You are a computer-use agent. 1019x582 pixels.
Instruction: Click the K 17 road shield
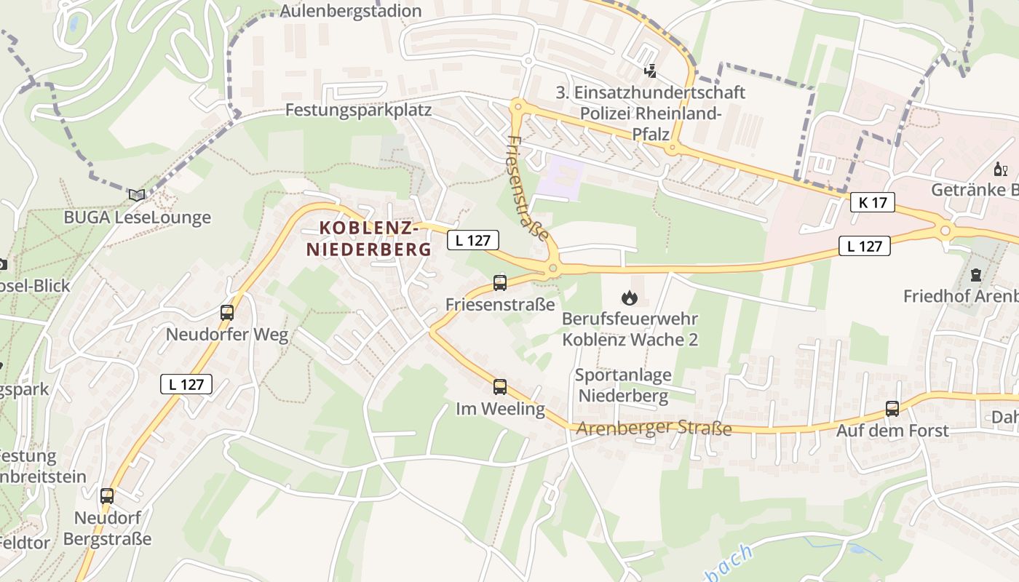pyautogui.click(x=872, y=202)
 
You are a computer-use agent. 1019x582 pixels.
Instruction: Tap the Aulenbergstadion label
pyautogui.click(x=351, y=11)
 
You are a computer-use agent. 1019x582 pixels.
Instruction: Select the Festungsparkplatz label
pyautogui.click(x=359, y=110)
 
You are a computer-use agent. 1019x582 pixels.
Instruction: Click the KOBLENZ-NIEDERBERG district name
pyautogui.click(x=368, y=239)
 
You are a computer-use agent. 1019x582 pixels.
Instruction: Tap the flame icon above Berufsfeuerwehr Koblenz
pyautogui.click(x=630, y=297)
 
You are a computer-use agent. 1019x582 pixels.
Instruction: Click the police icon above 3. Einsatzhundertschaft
pyautogui.click(x=650, y=71)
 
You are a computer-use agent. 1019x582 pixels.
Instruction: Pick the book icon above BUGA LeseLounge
pyautogui.click(x=137, y=194)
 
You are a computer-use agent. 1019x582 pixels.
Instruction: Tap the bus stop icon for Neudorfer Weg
pyautogui.click(x=227, y=313)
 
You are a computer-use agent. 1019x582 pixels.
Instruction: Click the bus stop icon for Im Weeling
pyautogui.click(x=500, y=386)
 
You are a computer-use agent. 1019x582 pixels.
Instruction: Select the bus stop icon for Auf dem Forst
pyautogui.click(x=892, y=408)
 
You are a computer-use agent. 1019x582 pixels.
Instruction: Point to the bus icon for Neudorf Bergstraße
pyautogui.click(x=107, y=496)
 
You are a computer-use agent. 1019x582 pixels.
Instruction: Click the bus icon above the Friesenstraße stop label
pyautogui.click(x=500, y=282)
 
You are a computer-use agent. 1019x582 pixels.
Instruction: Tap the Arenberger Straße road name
pyautogui.click(x=654, y=428)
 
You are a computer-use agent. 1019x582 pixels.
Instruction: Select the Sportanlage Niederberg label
pyautogui.click(x=622, y=386)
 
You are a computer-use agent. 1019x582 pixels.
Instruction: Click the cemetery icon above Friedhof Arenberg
pyautogui.click(x=975, y=275)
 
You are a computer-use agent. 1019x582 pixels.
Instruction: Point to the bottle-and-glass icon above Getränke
pyautogui.click(x=1001, y=170)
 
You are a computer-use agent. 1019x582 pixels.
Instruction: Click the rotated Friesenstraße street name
pyautogui.click(x=528, y=188)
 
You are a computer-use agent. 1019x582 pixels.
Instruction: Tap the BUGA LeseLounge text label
pyautogui.click(x=137, y=217)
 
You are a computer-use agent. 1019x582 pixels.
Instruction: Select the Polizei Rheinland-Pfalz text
pyautogui.click(x=650, y=124)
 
